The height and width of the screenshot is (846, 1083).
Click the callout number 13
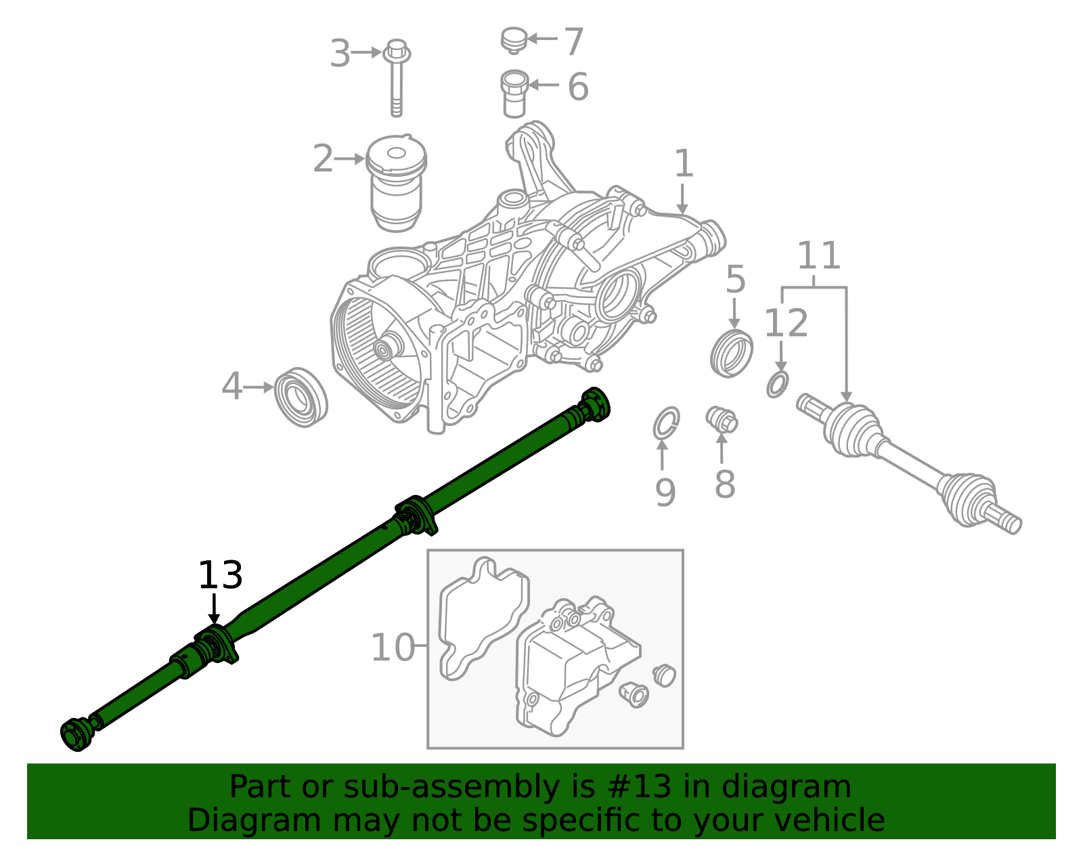(x=220, y=576)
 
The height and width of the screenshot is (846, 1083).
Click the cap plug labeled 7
(x=514, y=39)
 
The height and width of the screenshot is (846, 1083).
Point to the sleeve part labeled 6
(x=514, y=93)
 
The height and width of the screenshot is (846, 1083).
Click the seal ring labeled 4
(x=301, y=397)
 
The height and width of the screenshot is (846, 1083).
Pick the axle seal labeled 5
(x=732, y=352)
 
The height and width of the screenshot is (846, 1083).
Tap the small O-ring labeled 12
(x=778, y=384)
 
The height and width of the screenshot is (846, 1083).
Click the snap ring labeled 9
(x=666, y=423)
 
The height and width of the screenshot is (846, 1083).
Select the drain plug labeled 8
(x=722, y=419)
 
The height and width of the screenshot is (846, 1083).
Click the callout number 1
(x=684, y=164)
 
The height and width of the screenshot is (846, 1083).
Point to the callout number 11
(x=818, y=256)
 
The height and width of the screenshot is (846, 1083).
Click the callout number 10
(x=393, y=648)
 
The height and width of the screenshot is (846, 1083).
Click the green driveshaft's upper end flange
(x=595, y=404)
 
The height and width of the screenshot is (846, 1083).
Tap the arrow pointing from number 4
(x=258, y=387)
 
